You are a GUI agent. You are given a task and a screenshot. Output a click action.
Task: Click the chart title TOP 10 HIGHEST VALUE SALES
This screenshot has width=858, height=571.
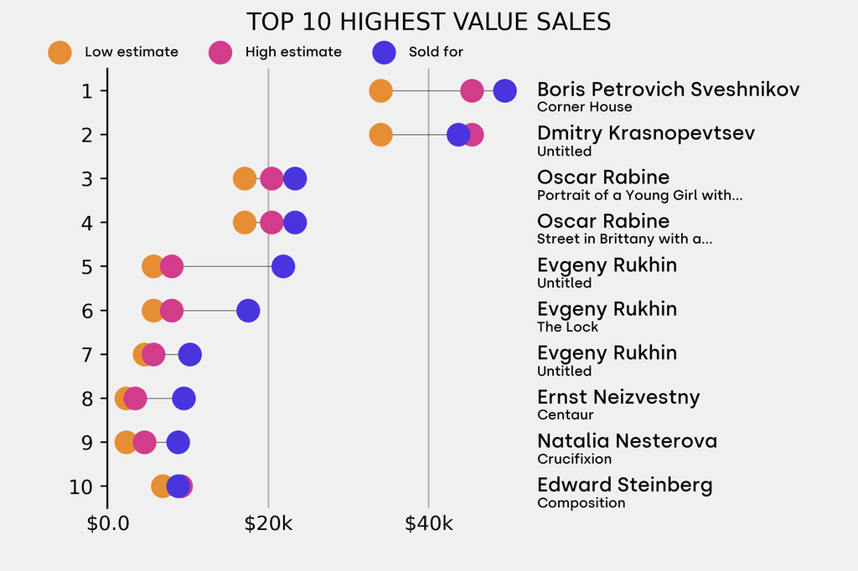(x=428, y=22)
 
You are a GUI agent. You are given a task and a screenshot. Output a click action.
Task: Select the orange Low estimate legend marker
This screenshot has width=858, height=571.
(x=59, y=52)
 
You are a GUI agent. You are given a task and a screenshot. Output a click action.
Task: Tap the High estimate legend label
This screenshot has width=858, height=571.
(x=293, y=52)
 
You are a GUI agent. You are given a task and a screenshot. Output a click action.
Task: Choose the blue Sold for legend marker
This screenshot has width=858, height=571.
(x=383, y=52)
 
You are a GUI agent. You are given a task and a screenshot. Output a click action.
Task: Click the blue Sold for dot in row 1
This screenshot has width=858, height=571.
(x=504, y=90)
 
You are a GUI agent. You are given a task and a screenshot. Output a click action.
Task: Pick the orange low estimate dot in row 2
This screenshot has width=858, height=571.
(x=380, y=135)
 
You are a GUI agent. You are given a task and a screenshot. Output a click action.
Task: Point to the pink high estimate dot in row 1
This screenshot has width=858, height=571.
(x=472, y=90)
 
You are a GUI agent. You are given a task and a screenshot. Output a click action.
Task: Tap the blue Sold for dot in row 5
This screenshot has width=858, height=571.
(x=283, y=266)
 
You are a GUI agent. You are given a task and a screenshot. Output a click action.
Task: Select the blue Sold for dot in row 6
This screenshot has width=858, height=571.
(x=248, y=311)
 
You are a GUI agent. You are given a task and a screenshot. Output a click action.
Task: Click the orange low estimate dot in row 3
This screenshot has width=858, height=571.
(x=244, y=178)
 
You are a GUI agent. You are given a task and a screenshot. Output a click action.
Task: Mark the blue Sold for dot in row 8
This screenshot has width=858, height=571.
(x=183, y=399)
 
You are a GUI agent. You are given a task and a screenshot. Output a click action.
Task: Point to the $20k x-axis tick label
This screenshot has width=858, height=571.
(x=268, y=525)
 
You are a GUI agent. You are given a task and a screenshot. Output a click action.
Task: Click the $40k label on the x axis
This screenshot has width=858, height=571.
(x=428, y=525)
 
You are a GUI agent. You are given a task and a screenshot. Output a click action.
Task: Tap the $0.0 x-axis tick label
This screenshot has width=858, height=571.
(x=108, y=525)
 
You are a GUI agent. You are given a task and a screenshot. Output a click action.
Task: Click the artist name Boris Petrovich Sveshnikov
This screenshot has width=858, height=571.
(x=668, y=90)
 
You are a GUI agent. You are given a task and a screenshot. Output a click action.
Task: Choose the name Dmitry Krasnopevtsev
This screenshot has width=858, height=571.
(x=645, y=133)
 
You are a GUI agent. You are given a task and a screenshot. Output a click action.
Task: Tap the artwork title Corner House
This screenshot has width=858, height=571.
(x=584, y=107)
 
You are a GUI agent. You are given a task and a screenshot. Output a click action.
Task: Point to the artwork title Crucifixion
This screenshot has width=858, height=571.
(x=574, y=459)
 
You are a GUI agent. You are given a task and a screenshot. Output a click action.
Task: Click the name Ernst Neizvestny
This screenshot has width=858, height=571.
(x=618, y=397)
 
